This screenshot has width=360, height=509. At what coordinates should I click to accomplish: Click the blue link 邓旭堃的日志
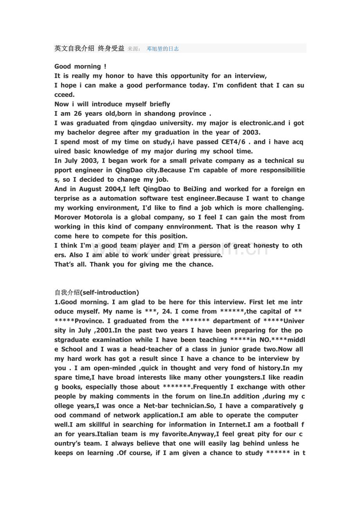pyautogui.click(x=163, y=49)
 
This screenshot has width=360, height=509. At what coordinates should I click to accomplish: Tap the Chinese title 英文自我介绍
pyautogui.click(x=74, y=48)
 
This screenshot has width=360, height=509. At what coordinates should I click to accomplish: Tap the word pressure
pyautogui.click(x=208, y=255)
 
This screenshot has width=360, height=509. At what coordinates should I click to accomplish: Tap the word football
pyautogui.click(x=283, y=425)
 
